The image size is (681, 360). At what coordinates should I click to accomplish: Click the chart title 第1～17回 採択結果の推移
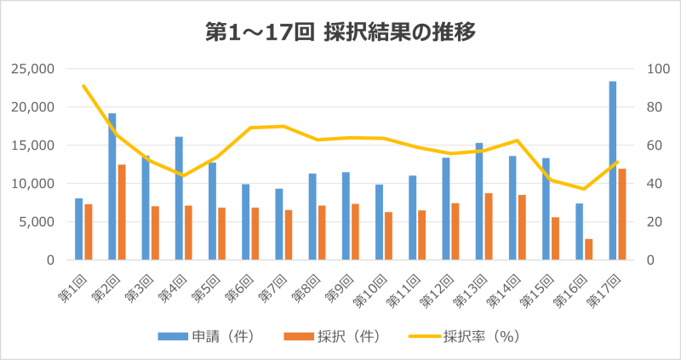[x=340, y=32]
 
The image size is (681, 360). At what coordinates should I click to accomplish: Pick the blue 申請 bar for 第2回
[x=112, y=186]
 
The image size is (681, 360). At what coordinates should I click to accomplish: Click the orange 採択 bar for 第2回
[x=122, y=212]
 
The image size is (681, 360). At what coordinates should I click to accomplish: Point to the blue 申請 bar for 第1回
[x=79, y=229]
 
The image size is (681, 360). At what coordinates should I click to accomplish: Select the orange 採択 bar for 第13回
[x=489, y=226]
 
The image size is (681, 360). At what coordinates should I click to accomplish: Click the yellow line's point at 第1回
[x=83, y=86]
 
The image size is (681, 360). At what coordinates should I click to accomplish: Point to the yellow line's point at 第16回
[x=584, y=189]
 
